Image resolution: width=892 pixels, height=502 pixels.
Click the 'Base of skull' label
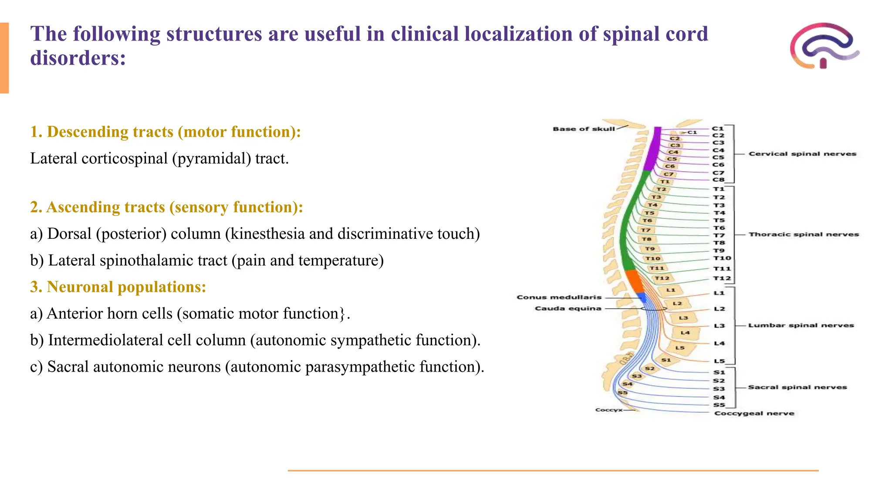pos(584,129)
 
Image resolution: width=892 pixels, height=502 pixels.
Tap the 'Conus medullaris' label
pos(559,297)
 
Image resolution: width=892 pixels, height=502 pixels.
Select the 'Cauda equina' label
pos(568,309)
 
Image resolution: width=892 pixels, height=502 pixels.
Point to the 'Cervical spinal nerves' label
pos(802,154)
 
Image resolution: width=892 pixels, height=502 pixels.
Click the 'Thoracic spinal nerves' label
pos(804,234)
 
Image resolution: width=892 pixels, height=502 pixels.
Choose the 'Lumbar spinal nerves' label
pos(801,326)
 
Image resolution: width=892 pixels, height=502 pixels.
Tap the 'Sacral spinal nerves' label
pos(797,387)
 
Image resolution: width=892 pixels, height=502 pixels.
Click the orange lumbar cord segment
pos(634,282)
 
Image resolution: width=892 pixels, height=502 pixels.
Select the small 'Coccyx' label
pos(608,410)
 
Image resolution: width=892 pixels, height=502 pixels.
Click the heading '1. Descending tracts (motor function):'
pos(166,132)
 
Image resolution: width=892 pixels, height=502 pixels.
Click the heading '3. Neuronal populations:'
pos(118,287)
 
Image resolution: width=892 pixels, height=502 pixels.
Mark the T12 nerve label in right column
pos(722,278)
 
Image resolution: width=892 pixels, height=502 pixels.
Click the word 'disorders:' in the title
pos(78,58)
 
